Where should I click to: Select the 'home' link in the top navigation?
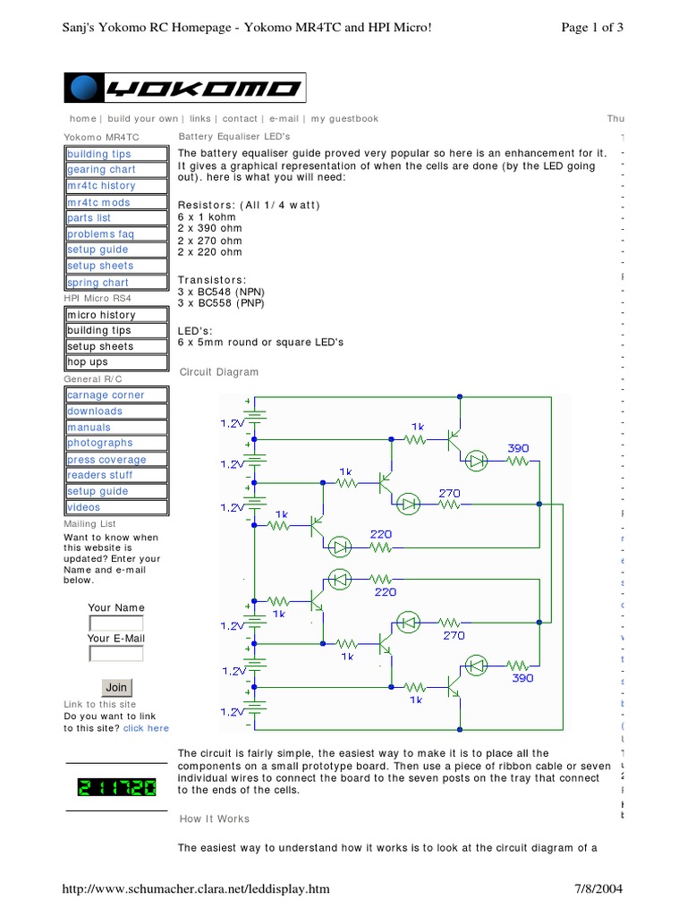[82, 119]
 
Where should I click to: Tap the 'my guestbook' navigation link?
[344, 119]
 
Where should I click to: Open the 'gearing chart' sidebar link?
[101, 170]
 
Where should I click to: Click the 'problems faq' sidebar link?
[100, 234]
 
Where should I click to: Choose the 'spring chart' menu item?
[98, 283]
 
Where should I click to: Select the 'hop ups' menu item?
[88, 363]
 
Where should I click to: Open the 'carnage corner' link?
[106, 395]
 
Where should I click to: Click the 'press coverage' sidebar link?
[106, 460]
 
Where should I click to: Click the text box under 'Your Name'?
[115, 623]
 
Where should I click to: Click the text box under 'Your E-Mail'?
[115, 654]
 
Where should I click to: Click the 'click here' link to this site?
[146, 729]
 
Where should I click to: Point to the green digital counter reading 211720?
[116, 788]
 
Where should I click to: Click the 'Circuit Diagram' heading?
[219, 372]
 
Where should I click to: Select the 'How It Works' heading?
[215, 819]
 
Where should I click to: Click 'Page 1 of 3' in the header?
[591, 28]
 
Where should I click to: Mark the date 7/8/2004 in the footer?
[598, 888]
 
